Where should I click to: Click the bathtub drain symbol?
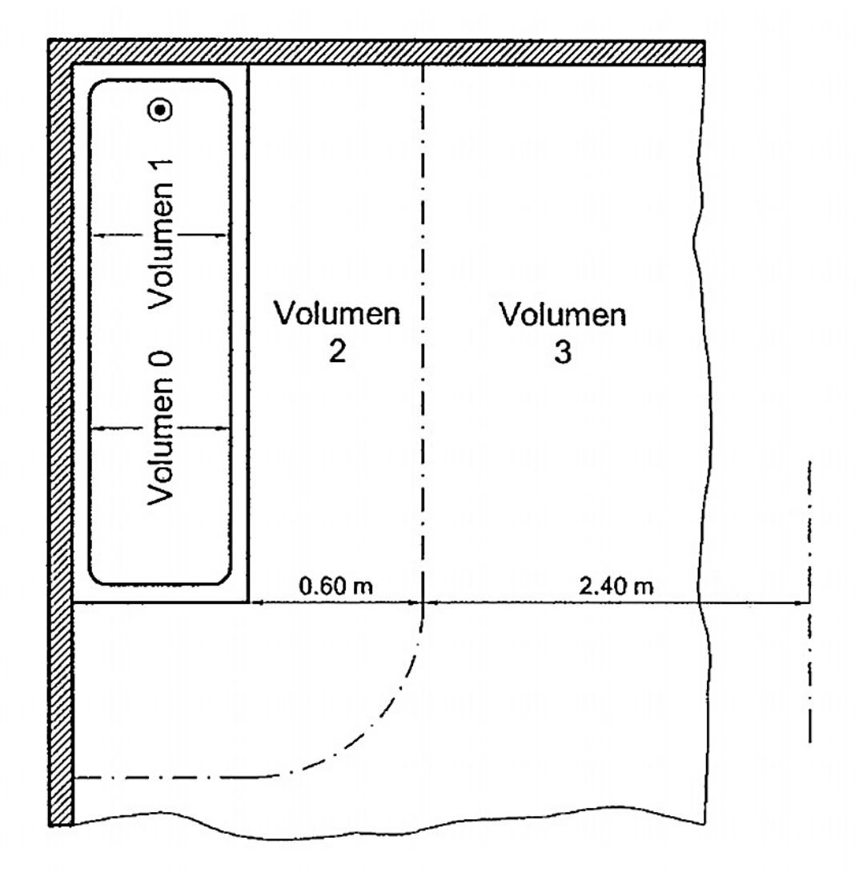[x=161, y=110]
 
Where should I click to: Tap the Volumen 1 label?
[x=161, y=241]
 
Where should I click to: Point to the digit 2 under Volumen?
[x=337, y=353]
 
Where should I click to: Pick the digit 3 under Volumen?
[x=563, y=353]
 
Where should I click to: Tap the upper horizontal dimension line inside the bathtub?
[x=161, y=234]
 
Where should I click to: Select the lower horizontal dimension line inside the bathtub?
[x=161, y=428]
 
